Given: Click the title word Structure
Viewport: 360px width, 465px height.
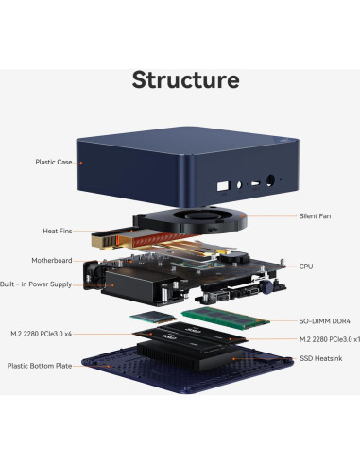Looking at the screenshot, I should [x=185, y=78].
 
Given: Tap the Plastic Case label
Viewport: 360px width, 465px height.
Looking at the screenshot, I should [x=54, y=162].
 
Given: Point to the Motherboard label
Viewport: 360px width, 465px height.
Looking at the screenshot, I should [x=52, y=260].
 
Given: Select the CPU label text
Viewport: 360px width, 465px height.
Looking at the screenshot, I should [x=305, y=267].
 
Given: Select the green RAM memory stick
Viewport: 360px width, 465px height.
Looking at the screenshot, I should [x=221, y=317].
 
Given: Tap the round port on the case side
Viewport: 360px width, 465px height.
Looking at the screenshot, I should [x=274, y=184].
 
